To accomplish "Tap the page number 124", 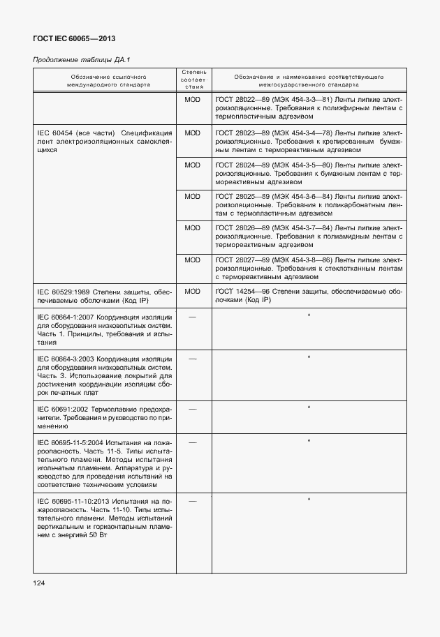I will (38, 582).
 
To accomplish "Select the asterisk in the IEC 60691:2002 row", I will (309, 407).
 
